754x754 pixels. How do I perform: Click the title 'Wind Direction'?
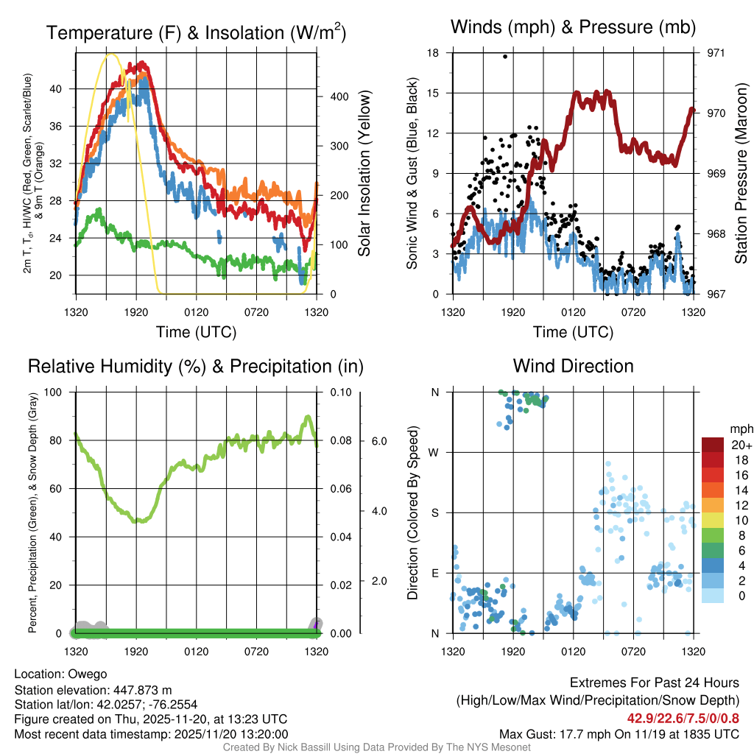(x=573, y=366)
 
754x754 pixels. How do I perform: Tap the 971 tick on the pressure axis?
(x=715, y=53)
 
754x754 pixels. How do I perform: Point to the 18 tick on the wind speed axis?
(x=433, y=53)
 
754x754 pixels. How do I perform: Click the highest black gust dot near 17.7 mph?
(x=505, y=56)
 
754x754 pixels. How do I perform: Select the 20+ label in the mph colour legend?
(x=740, y=445)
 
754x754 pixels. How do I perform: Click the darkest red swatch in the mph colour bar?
(x=714, y=445)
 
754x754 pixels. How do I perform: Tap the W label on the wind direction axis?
(x=434, y=452)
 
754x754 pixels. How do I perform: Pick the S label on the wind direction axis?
(x=434, y=512)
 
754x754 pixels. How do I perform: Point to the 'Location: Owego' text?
(x=60, y=674)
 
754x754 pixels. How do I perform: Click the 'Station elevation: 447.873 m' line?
(x=93, y=690)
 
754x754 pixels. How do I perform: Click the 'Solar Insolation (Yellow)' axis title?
(x=364, y=174)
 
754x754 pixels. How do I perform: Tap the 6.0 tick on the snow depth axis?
(x=378, y=440)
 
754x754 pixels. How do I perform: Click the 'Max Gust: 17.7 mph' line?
(x=619, y=734)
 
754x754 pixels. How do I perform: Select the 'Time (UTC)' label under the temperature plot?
(x=196, y=332)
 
